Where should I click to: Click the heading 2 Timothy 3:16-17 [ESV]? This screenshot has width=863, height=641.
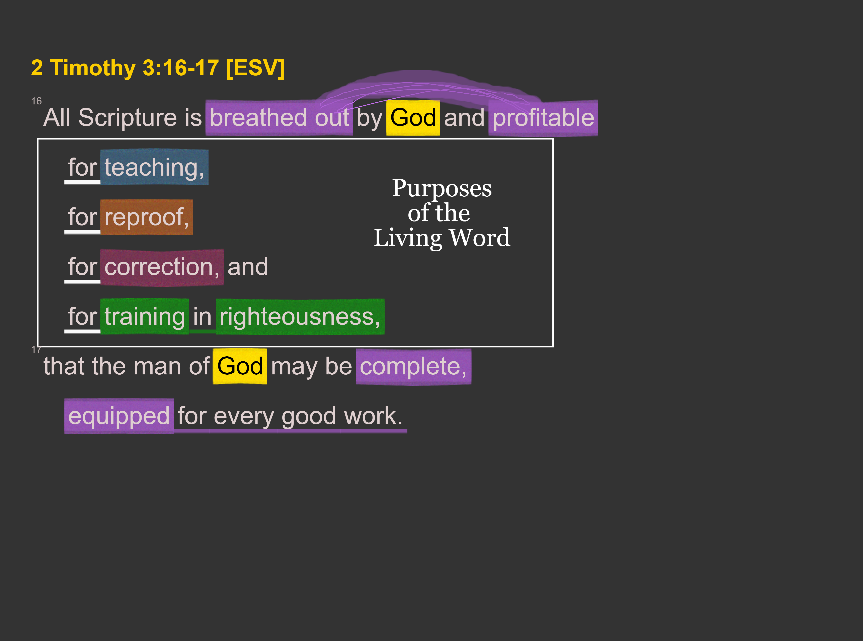coord(158,68)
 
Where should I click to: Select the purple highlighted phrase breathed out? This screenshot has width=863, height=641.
coord(279,118)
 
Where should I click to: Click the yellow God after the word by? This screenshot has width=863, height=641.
coord(413,118)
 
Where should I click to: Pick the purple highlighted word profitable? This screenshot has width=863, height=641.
coord(543,118)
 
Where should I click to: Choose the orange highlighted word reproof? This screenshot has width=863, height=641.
coord(147,217)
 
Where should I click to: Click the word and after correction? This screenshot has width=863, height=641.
coord(248,267)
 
